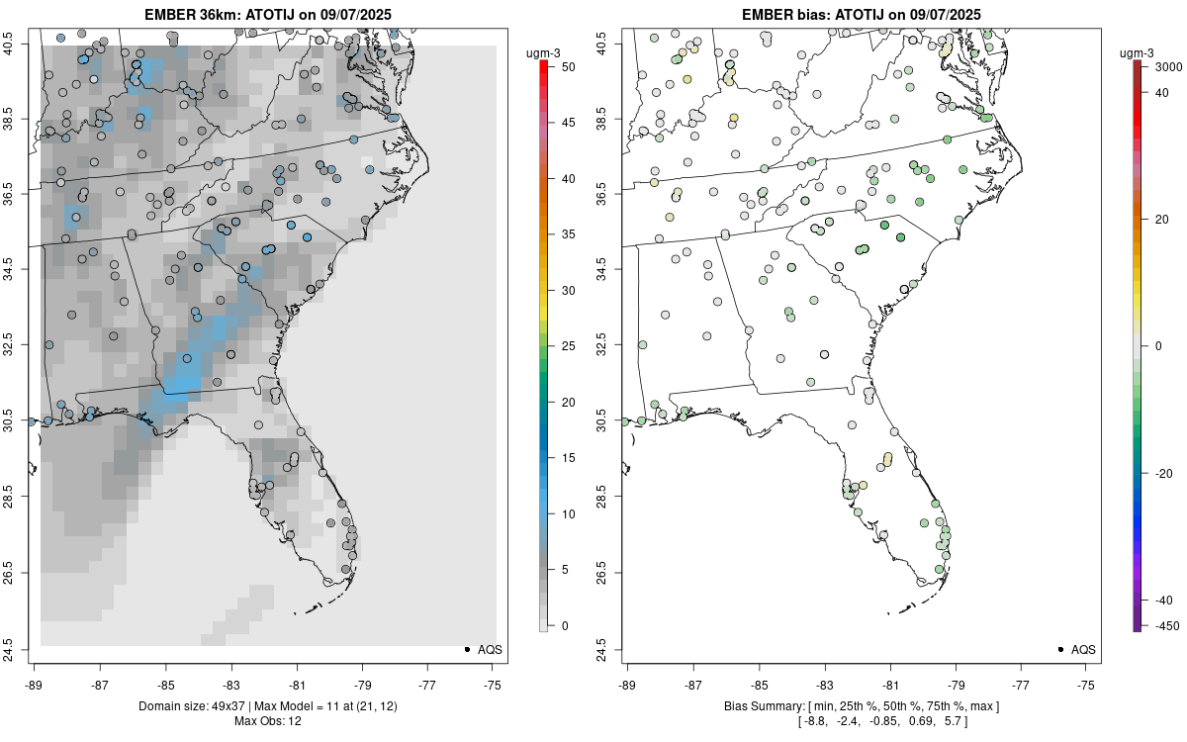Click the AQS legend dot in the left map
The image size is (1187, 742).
pos(466,649)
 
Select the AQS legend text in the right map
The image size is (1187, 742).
pos(1083,649)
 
